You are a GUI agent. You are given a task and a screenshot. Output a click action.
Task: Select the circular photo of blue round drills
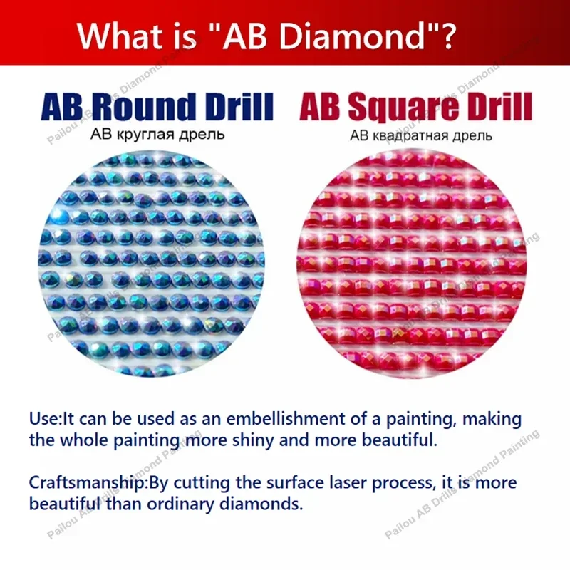tap(152, 264)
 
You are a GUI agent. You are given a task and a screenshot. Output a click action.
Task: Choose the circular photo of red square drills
tap(412, 264)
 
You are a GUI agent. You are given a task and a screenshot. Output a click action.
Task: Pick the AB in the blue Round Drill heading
tap(62, 107)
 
